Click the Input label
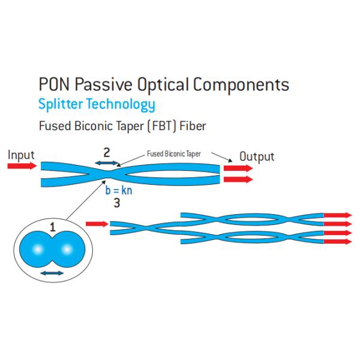coord(21,155)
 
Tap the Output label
coord(257,157)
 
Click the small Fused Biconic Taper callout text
coord(174,154)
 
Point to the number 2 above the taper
coord(106,152)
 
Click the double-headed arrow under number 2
coord(106,163)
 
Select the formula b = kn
coord(118,191)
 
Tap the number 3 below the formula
coord(117,203)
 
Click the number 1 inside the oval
coord(53,227)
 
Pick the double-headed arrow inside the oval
coord(52,273)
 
